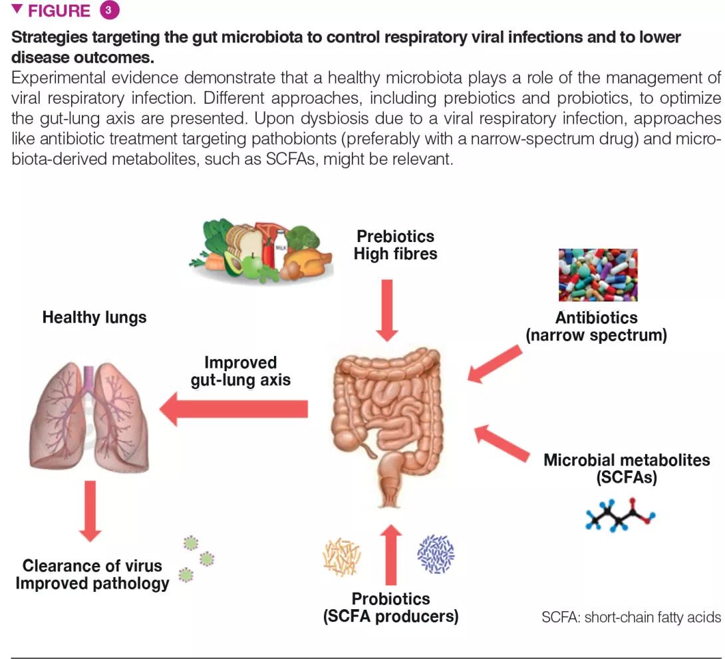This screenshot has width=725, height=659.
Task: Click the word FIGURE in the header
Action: [59, 11]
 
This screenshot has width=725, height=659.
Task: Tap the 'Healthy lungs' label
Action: [94, 317]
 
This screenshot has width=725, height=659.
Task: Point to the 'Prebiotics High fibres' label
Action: [395, 245]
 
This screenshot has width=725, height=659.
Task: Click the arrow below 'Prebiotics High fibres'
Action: [386, 310]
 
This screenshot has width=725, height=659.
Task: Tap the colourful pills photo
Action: [597, 275]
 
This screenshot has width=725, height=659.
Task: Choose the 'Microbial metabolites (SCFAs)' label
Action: [627, 469]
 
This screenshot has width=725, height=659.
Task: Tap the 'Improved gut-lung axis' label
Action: [240, 372]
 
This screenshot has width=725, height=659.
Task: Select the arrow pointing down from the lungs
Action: [90, 509]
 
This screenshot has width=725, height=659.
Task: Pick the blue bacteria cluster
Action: [436, 553]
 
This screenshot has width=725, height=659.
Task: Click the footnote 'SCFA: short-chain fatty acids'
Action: [631, 618]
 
